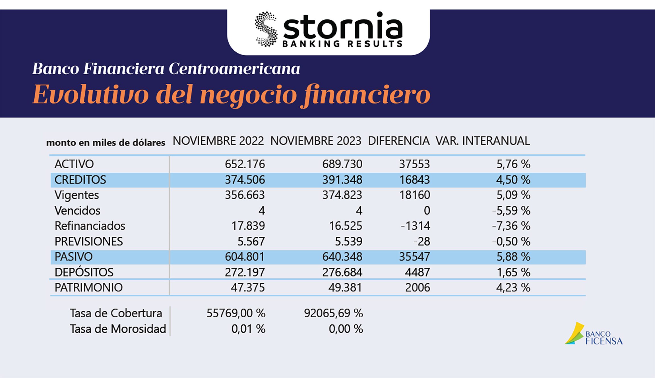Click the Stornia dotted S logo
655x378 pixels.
pyautogui.click(x=266, y=29)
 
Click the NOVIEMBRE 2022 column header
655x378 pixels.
pyautogui.click(x=218, y=141)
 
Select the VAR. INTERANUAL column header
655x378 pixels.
pyautogui.click(x=483, y=141)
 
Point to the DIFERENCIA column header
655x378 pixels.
pyautogui.click(x=398, y=141)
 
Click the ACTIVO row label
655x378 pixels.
pyautogui.click(x=74, y=164)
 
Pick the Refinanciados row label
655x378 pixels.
pyautogui.click(x=90, y=226)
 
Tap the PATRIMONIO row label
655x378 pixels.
pyautogui.click(x=88, y=287)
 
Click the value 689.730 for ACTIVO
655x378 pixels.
pyautogui.click(x=342, y=164)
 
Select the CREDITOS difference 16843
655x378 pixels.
pyautogui.click(x=414, y=180)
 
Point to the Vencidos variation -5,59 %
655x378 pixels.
pyautogui.click(x=511, y=211)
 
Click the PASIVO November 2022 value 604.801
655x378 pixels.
pyautogui.click(x=245, y=257)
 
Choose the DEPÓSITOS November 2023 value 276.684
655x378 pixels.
pyautogui.click(x=342, y=272)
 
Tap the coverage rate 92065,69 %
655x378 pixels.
pyautogui.click(x=333, y=313)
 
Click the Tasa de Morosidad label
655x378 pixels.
pyautogui.click(x=118, y=329)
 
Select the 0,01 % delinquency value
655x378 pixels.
pyautogui.click(x=248, y=329)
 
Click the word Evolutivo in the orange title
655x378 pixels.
pyautogui.click(x=91, y=95)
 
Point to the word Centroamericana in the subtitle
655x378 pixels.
pyautogui.click(x=234, y=69)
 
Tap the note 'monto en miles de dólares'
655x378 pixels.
pyautogui.click(x=106, y=142)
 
